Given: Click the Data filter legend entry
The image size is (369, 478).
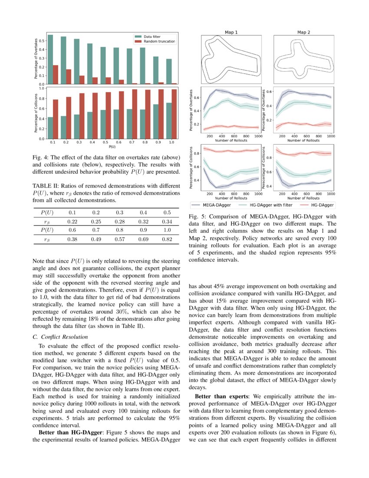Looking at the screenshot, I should [x=154, y=37].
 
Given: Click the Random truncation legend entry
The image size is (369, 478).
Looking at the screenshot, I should [x=159, y=41].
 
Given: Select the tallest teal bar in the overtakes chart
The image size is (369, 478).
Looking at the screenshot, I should [x=50, y=59].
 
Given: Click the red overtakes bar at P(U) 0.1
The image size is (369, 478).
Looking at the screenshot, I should [x=55, y=74].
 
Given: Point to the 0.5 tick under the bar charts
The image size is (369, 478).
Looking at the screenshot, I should [x=105, y=142].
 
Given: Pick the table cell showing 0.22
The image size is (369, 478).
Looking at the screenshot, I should [x=72, y=222].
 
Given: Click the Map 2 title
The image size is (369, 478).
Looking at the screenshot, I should [x=304, y=32].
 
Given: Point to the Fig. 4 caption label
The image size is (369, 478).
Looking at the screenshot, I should [x=40, y=157].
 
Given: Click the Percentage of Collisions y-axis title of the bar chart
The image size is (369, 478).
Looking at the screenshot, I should [x=36, y=113].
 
